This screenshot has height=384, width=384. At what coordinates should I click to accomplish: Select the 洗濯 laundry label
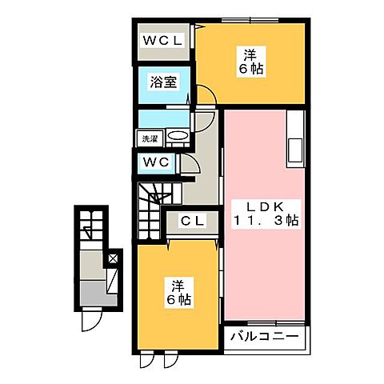(x=150, y=138)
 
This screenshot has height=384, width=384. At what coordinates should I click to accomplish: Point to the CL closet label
(x=190, y=221)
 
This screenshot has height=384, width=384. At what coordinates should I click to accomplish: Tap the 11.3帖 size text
(x=263, y=220)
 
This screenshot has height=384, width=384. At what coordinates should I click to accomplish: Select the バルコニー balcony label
(x=264, y=336)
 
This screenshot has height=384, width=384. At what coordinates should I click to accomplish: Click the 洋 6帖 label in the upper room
(x=250, y=62)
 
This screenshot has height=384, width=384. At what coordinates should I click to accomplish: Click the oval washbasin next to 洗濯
(x=178, y=137)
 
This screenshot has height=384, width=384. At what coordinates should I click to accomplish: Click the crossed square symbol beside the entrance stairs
(x=113, y=258)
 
